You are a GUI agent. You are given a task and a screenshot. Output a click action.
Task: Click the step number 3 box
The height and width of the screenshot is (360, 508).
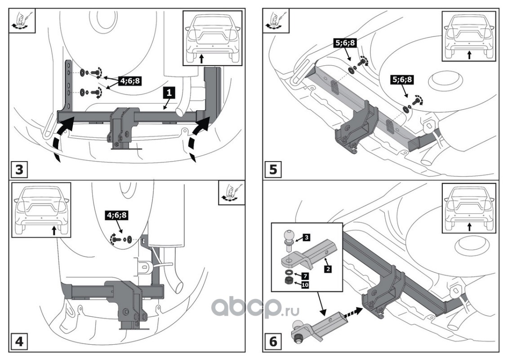click(x=19, y=171)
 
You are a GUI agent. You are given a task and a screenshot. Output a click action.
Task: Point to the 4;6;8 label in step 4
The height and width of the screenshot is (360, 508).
click(x=117, y=215)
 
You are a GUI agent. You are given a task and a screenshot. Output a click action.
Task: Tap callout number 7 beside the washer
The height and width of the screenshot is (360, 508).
click(x=304, y=274)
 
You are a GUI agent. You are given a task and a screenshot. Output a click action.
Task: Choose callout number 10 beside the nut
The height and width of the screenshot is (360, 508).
click(x=304, y=284)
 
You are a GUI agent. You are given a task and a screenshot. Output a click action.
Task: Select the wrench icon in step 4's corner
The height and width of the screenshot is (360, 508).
click(x=232, y=193)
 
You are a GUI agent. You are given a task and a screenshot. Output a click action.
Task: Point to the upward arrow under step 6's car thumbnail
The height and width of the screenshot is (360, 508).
click(x=469, y=227)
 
